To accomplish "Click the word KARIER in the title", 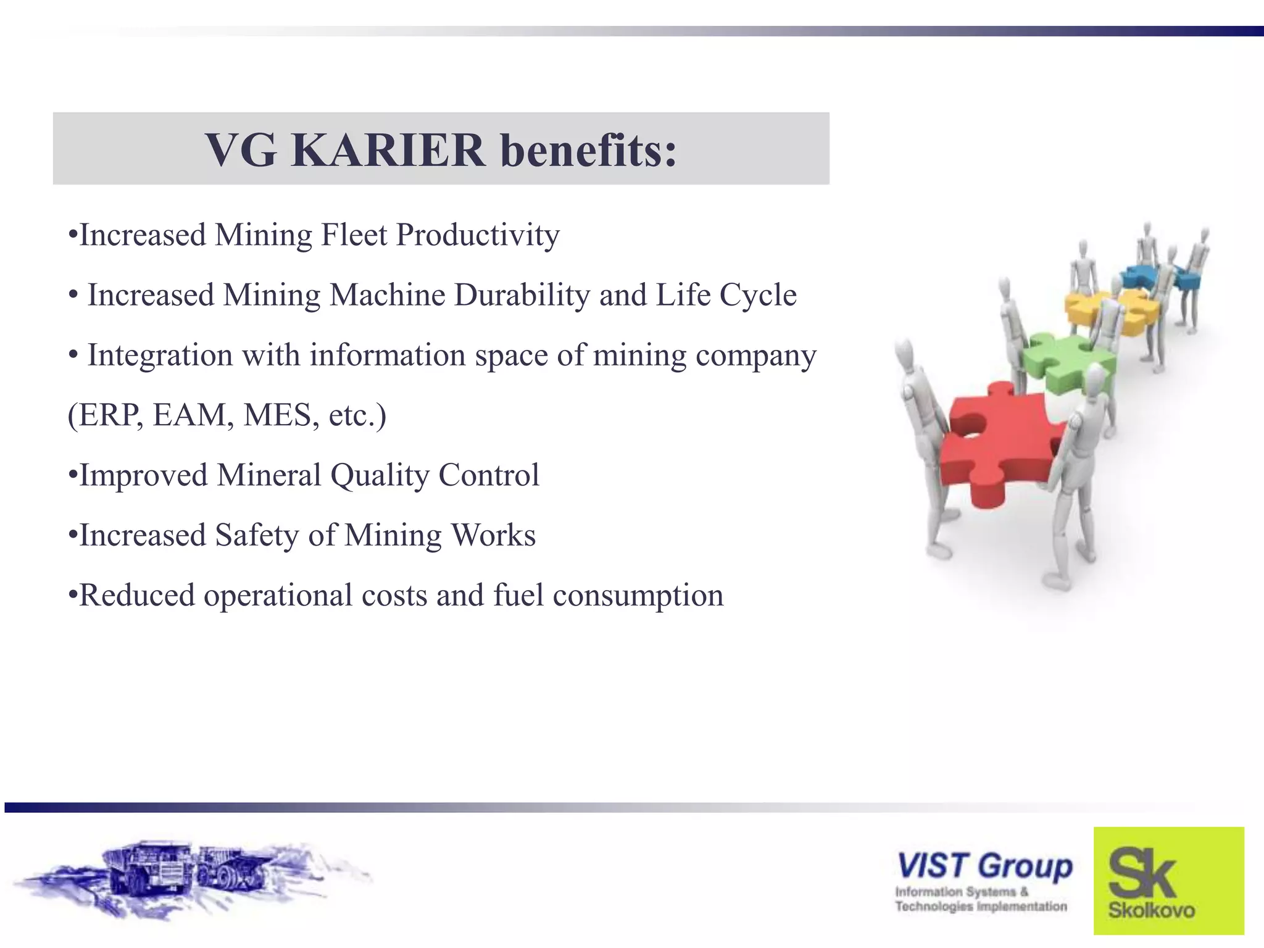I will tap(388, 150).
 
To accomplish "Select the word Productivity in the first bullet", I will tap(478, 235).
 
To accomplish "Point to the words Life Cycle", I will tap(726, 295).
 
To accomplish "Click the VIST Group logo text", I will tap(984, 866).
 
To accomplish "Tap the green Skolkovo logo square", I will tap(1168, 880).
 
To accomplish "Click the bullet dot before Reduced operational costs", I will tap(73, 595).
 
